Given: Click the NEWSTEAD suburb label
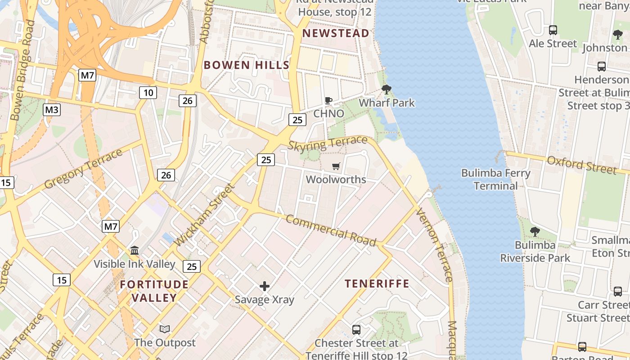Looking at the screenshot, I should [x=336, y=33].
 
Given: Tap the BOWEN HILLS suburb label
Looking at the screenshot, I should [x=246, y=65].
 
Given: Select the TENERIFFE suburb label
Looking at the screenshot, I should [x=377, y=283].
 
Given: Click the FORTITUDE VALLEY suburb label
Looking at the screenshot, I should [x=154, y=291].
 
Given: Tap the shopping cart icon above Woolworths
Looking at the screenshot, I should [x=336, y=166].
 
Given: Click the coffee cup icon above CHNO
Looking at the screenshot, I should [x=328, y=100].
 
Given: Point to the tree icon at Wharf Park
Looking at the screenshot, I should [x=386, y=90].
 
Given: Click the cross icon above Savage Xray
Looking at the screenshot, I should [x=265, y=286].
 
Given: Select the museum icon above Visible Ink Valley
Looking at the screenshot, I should [x=135, y=250].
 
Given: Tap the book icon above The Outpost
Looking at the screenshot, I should [x=165, y=329].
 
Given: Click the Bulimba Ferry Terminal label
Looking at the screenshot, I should [x=496, y=179].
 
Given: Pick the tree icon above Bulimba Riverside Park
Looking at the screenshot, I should [x=535, y=232].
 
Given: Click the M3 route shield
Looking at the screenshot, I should [x=52, y=110].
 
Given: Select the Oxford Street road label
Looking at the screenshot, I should [x=581, y=165].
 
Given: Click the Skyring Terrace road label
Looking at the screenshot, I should [x=328, y=144].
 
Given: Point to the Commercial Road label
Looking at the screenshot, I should [x=331, y=230].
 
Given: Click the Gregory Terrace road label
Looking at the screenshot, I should [x=83, y=169].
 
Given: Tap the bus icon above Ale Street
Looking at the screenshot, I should [x=553, y=30].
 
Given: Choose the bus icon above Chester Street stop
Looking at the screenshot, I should [x=356, y=330].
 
